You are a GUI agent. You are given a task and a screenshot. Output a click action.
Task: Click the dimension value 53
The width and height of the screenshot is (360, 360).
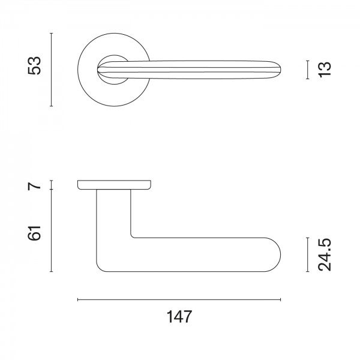pyautogui.click(x=34, y=65)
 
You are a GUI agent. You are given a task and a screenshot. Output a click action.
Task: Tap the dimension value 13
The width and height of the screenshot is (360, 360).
pyautogui.click(x=325, y=69)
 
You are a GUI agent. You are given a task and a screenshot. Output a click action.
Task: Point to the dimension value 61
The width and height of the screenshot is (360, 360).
pyautogui.click(x=34, y=233)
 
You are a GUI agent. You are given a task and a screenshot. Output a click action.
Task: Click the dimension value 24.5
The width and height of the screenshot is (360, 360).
pyautogui.click(x=325, y=255)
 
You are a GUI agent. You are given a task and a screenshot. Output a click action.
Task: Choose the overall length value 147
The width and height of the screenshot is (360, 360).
pyautogui.click(x=179, y=317)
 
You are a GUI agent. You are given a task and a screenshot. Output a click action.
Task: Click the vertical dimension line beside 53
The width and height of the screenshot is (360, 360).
pyautogui.click(x=52, y=70)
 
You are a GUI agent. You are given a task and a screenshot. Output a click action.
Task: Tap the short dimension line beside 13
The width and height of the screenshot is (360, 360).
pyautogui.click(x=307, y=70)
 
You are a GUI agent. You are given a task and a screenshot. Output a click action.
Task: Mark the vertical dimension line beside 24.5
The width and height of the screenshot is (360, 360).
pyautogui.click(x=307, y=254)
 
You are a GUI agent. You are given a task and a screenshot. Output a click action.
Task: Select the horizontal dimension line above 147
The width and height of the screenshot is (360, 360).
pyautogui.click(x=179, y=299)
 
